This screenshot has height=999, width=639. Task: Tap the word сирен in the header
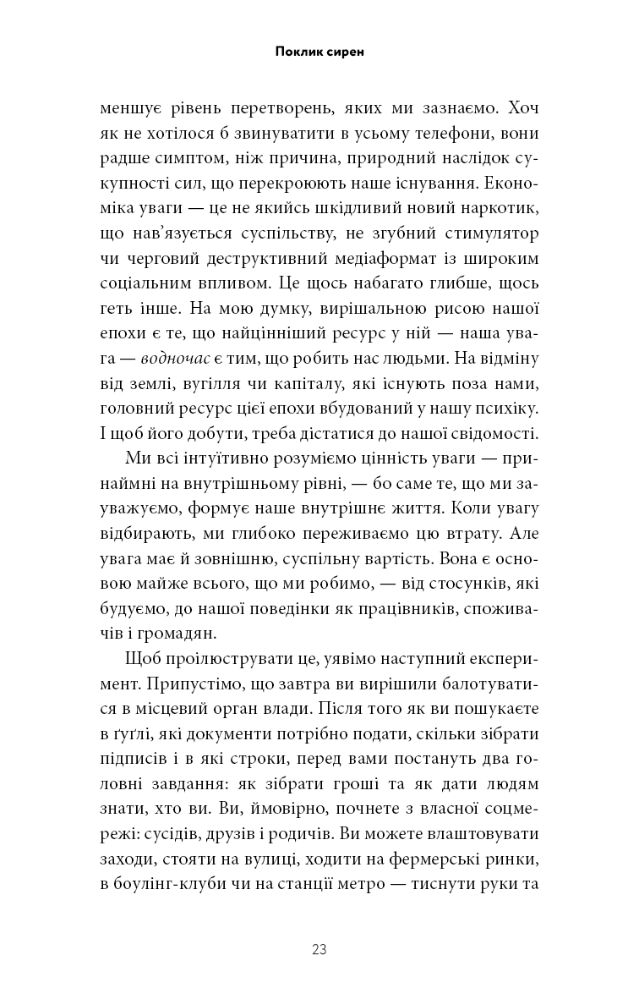point(347,52)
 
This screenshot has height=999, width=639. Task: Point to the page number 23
point(319,949)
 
